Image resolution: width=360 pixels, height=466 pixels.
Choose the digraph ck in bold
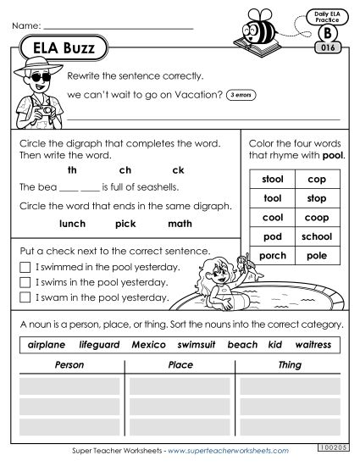pos(178,169)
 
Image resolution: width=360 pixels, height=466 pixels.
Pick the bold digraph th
pos(72,169)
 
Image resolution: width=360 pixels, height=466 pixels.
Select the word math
pos(180,224)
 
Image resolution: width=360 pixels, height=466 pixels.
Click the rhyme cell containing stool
pos(274,180)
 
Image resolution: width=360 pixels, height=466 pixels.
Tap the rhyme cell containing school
pos(317,236)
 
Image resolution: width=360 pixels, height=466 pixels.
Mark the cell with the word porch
pos(274,255)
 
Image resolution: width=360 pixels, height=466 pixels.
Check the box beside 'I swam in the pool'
pos(24,297)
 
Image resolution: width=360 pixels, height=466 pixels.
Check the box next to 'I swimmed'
pos(24,267)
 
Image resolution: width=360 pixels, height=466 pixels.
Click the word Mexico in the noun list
pos(149,345)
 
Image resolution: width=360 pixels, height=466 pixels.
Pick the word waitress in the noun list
pos(313,345)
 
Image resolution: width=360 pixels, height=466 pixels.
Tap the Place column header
pos(178,365)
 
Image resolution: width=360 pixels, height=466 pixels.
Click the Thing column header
pos(290,365)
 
